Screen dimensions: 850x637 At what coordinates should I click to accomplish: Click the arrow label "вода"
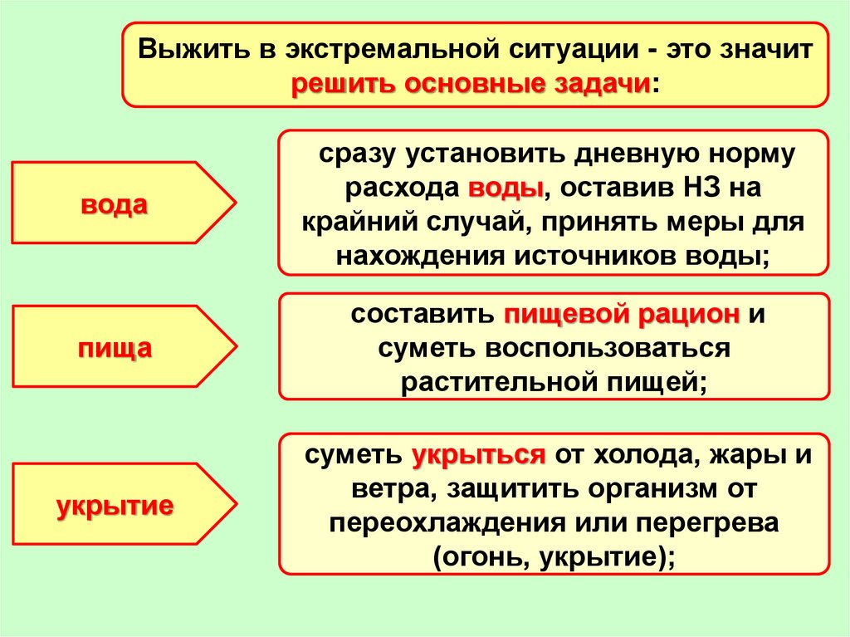pyautogui.click(x=114, y=204)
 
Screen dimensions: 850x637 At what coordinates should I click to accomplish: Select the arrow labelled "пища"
pyautogui.click(x=115, y=347)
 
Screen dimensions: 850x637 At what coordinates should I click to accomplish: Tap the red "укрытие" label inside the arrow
pyautogui.click(x=115, y=504)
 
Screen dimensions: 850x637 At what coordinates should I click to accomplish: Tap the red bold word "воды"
pyautogui.click(x=506, y=188)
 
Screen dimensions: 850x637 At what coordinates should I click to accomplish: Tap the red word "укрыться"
pyautogui.click(x=478, y=455)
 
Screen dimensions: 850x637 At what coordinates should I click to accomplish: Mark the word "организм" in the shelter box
pyautogui.click(x=653, y=489)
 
